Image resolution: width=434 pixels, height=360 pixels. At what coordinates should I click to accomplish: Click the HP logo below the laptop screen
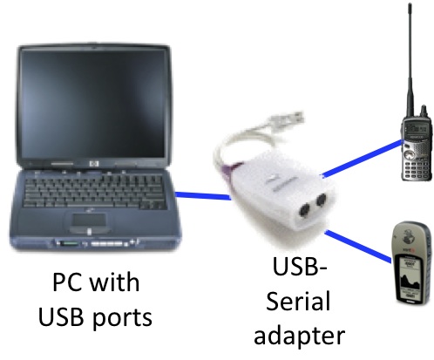click(x=94, y=164)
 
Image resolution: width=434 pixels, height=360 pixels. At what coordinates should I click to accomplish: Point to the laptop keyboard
click(x=93, y=191)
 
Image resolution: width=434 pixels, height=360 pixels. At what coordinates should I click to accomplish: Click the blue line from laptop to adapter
click(x=203, y=196)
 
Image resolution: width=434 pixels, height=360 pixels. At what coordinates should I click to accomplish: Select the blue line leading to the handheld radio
click(x=363, y=158)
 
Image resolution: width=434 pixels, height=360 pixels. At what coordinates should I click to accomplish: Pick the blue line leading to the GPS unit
click(x=359, y=247)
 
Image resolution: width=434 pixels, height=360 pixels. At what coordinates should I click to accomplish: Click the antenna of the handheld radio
click(x=410, y=59)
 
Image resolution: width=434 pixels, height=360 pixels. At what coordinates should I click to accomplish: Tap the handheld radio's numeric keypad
click(x=417, y=167)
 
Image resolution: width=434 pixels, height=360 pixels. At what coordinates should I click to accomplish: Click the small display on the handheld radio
click(x=417, y=127)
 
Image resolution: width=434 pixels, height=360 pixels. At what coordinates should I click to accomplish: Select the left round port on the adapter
click(x=304, y=210)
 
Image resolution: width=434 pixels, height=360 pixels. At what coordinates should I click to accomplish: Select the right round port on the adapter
click(x=321, y=200)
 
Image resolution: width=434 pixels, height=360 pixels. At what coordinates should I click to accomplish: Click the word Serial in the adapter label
click(x=298, y=301)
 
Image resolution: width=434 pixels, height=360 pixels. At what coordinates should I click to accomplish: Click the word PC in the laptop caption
click(x=64, y=282)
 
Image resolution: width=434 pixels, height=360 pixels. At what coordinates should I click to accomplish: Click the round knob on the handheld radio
click(x=410, y=153)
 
